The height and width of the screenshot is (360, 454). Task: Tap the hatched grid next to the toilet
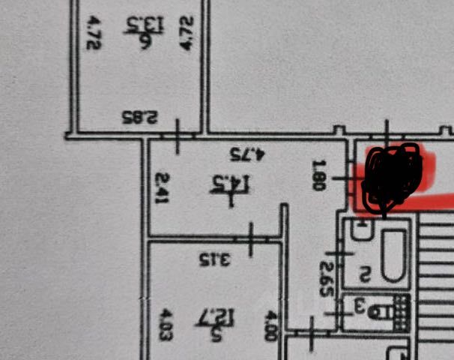click(x=401, y=309)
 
